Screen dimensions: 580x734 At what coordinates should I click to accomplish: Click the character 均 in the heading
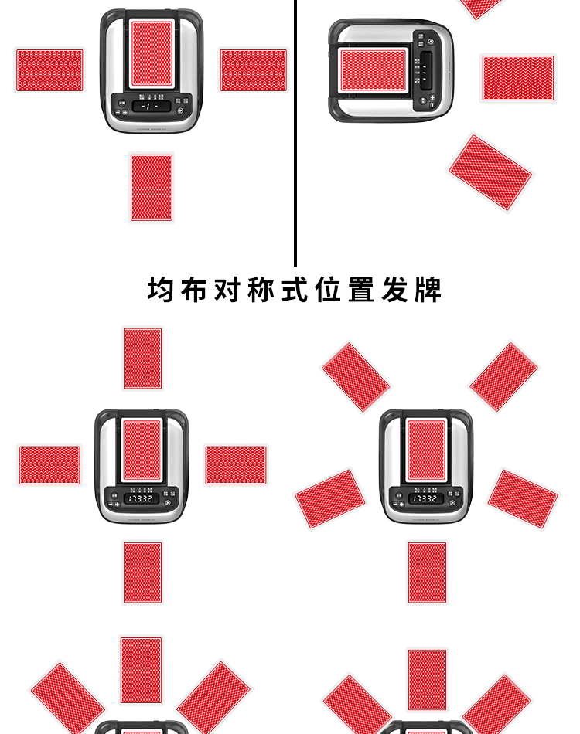pos(161,290)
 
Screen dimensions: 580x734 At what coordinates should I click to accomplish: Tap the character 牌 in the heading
pos(428,290)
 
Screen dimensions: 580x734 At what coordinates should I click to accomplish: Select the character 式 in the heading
pos(295,290)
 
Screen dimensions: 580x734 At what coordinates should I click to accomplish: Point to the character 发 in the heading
pos(394,290)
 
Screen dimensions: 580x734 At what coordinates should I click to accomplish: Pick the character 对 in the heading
pos(228,290)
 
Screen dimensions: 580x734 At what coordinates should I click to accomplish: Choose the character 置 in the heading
pos(361,290)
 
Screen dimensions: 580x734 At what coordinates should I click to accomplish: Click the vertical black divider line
pos(295,131)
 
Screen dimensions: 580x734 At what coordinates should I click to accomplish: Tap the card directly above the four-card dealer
pos(143,359)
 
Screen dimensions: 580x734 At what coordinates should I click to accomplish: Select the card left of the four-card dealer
pos(49,465)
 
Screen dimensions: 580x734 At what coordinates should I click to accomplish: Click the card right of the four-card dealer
pos(236,465)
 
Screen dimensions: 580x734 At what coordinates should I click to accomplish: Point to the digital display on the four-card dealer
pos(142,499)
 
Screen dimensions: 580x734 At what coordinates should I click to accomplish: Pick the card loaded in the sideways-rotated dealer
pos(374,70)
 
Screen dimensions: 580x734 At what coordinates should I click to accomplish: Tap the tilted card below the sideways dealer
pos(490,172)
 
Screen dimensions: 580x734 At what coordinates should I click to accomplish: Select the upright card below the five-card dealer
pos(428,573)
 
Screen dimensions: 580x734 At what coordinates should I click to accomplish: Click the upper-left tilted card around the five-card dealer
pos(356,376)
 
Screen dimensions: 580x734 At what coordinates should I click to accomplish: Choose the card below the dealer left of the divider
pos(152,187)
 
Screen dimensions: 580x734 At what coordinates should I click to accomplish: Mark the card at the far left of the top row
pos(49,70)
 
